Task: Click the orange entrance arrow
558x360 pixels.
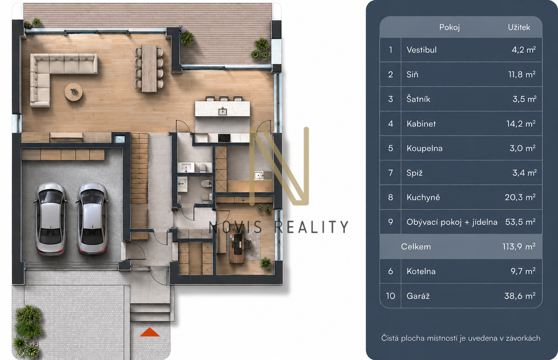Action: (x=150, y=332)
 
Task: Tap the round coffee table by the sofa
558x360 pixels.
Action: (x=74, y=92)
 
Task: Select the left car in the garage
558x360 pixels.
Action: (x=50, y=219)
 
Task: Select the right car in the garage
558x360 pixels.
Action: (x=92, y=219)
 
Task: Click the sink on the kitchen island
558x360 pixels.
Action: (x=222, y=111)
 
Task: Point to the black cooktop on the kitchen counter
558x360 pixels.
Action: (x=224, y=138)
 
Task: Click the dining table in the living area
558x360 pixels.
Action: (x=149, y=68)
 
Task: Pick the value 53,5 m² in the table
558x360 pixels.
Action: (x=520, y=222)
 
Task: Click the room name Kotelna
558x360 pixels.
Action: (x=421, y=271)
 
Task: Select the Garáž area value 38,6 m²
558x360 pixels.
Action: (x=519, y=296)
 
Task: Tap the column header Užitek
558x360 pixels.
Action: (x=519, y=27)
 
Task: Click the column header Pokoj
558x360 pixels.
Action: (x=450, y=27)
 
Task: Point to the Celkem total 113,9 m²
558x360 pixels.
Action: (x=519, y=247)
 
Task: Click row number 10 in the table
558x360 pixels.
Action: (x=390, y=296)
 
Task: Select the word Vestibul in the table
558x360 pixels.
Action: (x=421, y=50)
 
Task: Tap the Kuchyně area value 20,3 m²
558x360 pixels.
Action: (x=520, y=198)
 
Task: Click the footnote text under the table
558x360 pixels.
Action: (x=460, y=338)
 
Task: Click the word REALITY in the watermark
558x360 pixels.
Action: (x=312, y=227)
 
